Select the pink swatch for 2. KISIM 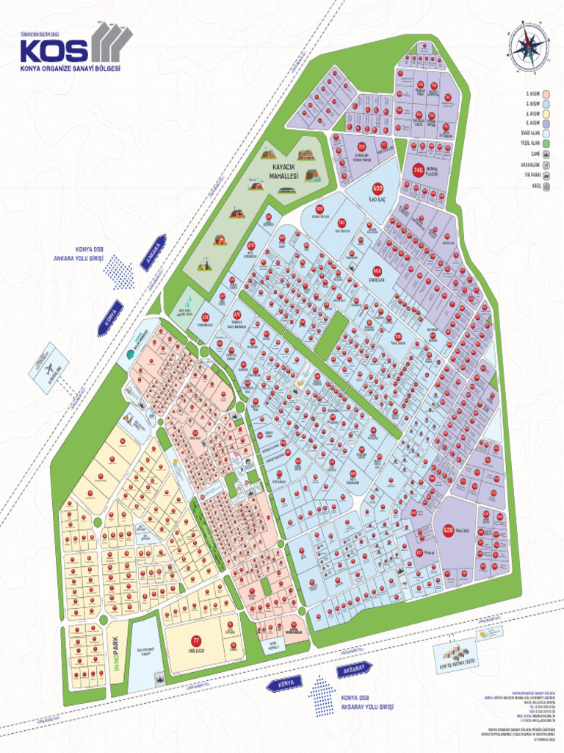(547, 94)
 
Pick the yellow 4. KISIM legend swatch (547, 114)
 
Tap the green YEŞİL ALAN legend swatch (547, 143)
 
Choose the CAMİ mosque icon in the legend (547, 155)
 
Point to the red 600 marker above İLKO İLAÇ (378, 188)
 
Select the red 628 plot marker (449, 529)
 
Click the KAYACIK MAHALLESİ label (283, 172)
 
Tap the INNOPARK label (114, 650)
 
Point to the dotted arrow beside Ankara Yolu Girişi (118, 273)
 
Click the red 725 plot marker (341, 148)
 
